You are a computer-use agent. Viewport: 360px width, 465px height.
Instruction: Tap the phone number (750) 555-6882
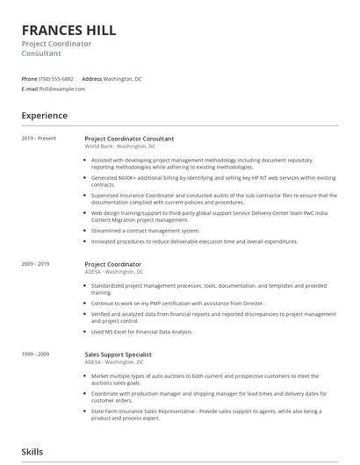point(57,79)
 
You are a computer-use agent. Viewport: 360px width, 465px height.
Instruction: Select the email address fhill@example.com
point(62,89)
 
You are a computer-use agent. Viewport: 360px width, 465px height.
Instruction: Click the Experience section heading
point(45,116)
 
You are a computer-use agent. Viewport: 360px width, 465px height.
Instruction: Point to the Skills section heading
point(32,452)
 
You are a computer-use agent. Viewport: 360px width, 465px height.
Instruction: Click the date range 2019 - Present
point(39,139)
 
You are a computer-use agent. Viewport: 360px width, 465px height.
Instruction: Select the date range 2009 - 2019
point(36,264)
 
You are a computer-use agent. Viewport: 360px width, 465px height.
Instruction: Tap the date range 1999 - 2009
point(36,354)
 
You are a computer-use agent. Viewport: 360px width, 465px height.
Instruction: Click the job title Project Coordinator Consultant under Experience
point(129,139)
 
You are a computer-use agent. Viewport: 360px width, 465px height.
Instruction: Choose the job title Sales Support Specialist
point(119,354)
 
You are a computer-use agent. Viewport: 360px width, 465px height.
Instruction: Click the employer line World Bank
point(99,147)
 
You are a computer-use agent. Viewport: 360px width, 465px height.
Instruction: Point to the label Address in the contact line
point(91,79)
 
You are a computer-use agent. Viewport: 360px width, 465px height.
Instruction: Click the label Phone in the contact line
point(29,79)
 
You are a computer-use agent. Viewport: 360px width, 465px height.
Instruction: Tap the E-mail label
point(29,89)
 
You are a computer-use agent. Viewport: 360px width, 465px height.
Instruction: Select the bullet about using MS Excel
point(141,332)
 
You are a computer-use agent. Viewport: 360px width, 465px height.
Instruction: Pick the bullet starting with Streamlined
point(147,230)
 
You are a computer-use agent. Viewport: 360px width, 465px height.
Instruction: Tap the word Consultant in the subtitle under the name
point(41,53)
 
